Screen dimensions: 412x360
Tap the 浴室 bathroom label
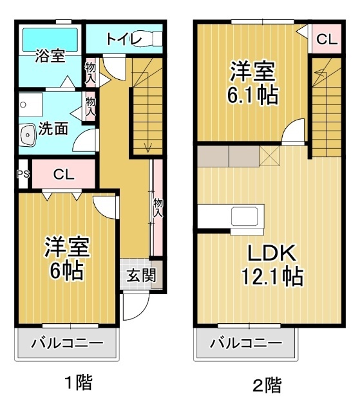tap(50, 57)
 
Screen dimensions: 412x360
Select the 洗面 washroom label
tap(53, 128)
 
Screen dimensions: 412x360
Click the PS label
tap(23, 174)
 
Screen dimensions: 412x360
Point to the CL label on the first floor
tap(64, 174)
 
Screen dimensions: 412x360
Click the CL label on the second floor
tap(326, 39)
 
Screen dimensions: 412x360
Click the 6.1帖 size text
tap(252, 95)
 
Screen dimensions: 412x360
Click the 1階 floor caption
tap(78, 384)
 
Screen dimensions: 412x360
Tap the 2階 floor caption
tap(267, 386)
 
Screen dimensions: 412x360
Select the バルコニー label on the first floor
tap(67, 342)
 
